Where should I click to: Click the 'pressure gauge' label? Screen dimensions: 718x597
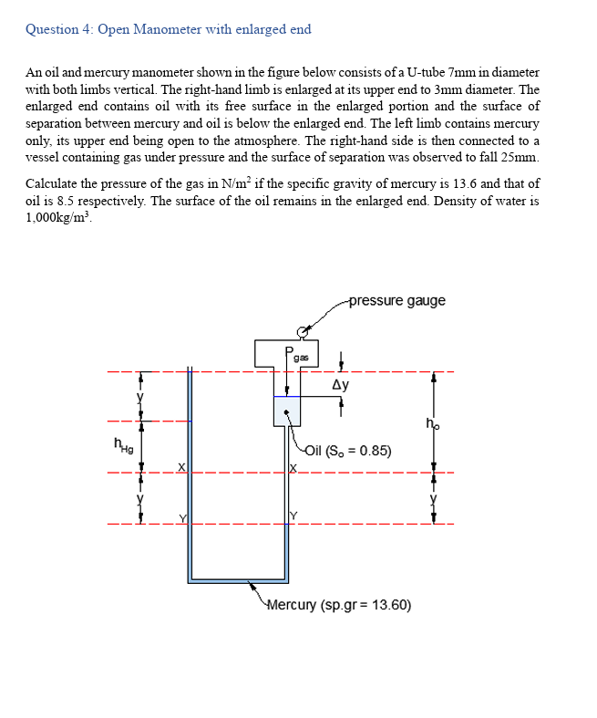point(396,301)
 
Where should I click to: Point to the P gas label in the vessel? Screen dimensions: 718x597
point(297,354)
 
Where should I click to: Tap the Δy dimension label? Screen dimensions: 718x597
point(339,384)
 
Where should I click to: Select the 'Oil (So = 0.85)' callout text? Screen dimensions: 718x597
point(349,450)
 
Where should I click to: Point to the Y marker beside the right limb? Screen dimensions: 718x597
point(293,518)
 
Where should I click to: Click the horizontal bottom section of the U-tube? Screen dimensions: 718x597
point(239,578)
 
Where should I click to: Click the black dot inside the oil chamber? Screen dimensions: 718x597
point(287,411)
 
